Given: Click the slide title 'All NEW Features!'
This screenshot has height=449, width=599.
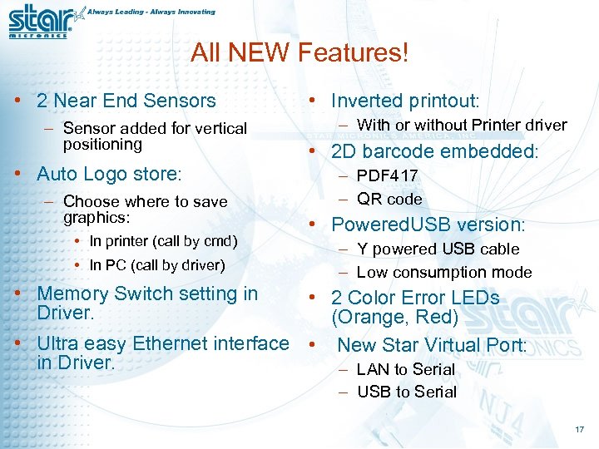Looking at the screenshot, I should [299, 53].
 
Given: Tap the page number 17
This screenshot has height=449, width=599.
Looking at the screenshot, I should [579, 430].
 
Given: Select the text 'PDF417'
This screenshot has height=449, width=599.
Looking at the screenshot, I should [387, 176].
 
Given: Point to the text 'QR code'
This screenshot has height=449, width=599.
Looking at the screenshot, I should [389, 199].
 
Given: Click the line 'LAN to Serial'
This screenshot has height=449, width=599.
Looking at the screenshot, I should [405, 369].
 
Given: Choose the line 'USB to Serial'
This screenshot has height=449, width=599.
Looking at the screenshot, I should [407, 392].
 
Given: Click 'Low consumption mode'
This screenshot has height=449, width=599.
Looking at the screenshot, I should [443, 272].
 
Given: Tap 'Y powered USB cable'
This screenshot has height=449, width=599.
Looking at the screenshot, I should [438, 249].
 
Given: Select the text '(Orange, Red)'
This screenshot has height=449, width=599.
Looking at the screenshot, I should [394, 317].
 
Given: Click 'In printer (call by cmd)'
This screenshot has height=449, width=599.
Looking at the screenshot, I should [163, 241].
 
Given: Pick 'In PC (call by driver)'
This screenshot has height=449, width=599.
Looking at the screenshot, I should [157, 265].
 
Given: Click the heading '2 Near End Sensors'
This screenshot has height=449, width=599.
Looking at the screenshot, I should [126, 101].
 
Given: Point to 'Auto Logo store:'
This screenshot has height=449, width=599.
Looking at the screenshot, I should [109, 174].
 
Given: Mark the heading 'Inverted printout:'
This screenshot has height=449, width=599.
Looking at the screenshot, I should [405, 101].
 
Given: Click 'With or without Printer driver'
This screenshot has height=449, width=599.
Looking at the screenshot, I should [462, 125].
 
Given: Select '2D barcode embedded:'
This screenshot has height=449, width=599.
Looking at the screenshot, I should [435, 151].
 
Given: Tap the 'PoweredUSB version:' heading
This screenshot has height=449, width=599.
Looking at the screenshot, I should [428, 224].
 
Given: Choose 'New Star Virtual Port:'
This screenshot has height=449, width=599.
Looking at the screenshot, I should [432, 344].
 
